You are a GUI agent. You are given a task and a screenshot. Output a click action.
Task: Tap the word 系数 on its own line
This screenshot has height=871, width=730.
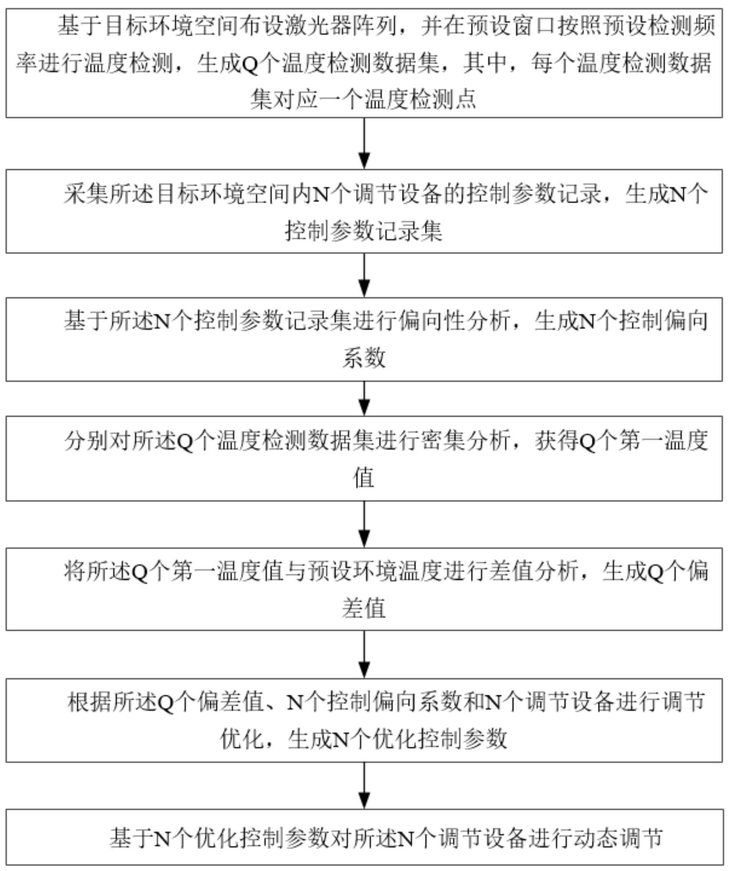click(364, 358)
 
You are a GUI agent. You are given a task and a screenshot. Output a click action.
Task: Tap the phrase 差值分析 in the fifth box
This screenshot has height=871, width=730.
click(533, 571)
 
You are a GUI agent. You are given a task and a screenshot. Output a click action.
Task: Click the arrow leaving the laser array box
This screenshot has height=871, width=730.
click(364, 143)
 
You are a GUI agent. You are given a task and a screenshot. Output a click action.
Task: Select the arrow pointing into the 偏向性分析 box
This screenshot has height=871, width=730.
click(364, 275)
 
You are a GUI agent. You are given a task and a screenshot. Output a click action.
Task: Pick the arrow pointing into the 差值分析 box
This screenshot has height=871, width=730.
click(364, 524)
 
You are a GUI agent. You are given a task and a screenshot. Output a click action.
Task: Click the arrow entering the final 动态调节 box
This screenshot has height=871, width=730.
click(364, 786)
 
